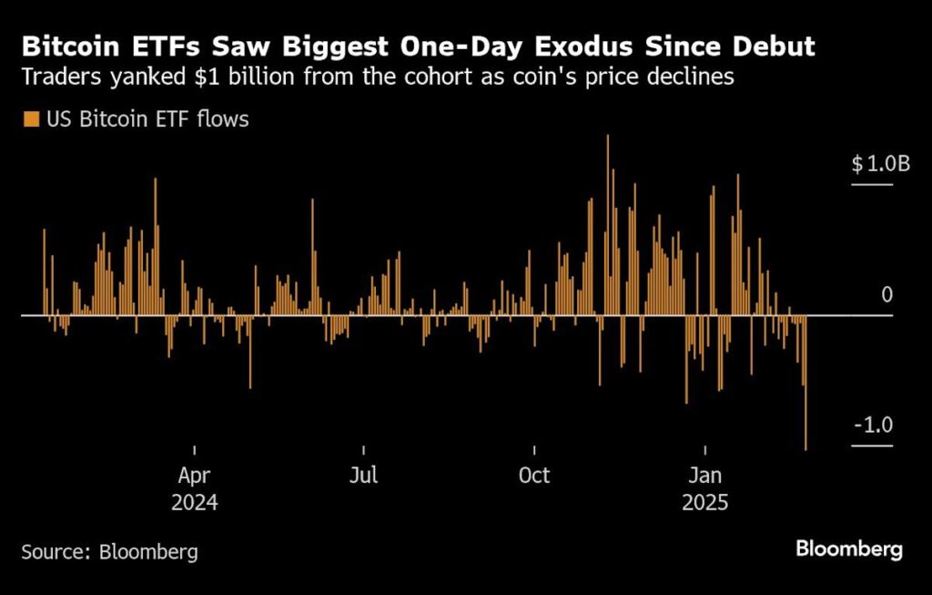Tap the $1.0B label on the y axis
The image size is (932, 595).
pyautogui.click(x=880, y=164)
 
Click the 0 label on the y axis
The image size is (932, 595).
pyautogui.click(x=887, y=295)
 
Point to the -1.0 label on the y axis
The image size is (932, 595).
pyautogui.click(x=874, y=426)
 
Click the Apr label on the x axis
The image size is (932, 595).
pyautogui.click(x=194, y=476)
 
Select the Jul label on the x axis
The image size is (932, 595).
pyautogui.click(x=363, y=476)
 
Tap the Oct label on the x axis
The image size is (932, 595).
pyautogui.click(x=534, y=476)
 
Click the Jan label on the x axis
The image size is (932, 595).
pyautogui.click(x=705, y=476)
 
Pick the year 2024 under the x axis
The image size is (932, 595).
pyautogui.click(x=194, y=503)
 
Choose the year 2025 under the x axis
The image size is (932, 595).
pyautogui.click(x=705, y=503)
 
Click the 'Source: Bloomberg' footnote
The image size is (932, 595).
pyautogui.click(x=109, y=551)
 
